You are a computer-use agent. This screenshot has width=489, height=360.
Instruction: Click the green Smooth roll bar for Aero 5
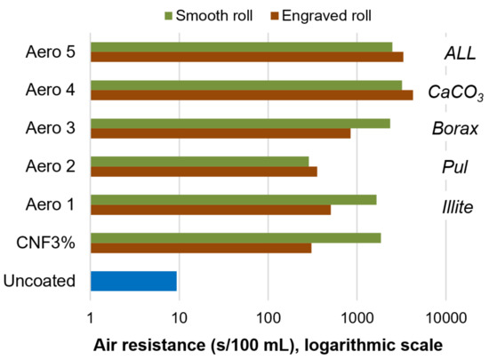pyautogui.click(x=241, y=47)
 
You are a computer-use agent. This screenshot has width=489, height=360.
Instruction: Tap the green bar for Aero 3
pyautogui.click(x=240, y=124)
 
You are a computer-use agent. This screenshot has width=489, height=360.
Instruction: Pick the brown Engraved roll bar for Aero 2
pyautogui.click(x=204, y=172)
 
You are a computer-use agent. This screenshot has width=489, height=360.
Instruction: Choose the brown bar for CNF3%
pyautogui.click(x=201, y=248)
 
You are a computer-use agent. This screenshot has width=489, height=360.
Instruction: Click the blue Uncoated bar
pyautogui.click(x=133, y=282)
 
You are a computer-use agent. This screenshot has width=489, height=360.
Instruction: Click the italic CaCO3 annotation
pyautogui.click(x=456, y=92)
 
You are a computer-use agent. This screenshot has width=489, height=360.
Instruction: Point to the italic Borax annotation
pyautogui.click(x=455, y=130)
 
